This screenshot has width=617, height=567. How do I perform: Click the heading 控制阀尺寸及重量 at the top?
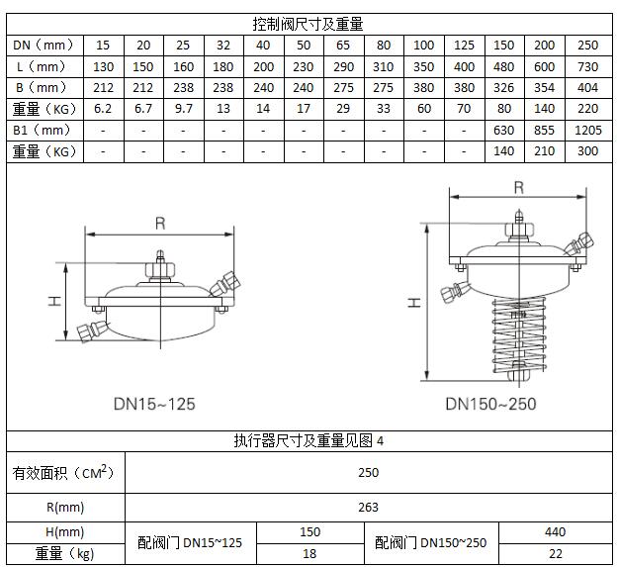point(308,24)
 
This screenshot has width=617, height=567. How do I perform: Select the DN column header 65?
point(343,46)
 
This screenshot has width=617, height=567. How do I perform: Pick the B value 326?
point(505,88)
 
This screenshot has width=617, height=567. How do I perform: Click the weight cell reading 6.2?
point(103,109)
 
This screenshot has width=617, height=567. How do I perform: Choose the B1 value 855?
point(546,131)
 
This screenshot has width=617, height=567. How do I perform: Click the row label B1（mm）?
point(44,131)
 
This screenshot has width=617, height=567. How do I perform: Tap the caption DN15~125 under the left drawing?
point(153,404)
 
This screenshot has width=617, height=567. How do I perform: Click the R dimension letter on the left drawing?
point(160,224)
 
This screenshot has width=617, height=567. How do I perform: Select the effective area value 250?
point(368,473)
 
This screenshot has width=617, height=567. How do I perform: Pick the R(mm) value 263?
point(368,508)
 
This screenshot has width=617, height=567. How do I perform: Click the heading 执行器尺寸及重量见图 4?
point(308,441)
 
